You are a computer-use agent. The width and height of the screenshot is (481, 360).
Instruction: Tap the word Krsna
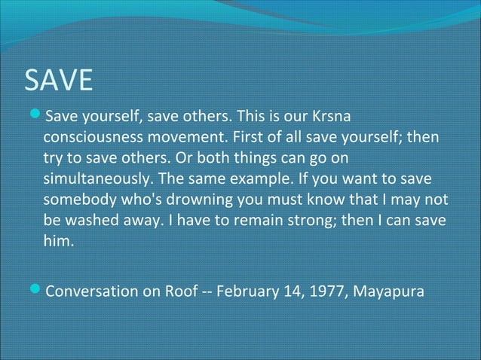[x=332, y=117]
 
